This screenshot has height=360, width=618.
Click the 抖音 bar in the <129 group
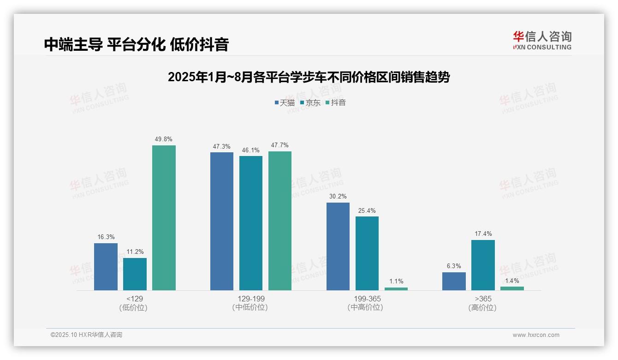click(164, 218)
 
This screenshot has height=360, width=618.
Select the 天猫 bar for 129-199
click(222, 221)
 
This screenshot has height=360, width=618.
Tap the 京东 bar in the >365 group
click(483, 265)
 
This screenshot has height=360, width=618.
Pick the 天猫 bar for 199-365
click(338, 246)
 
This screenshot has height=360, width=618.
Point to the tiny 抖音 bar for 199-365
click(396, 289)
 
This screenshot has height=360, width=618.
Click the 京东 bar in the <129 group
click(135, 274)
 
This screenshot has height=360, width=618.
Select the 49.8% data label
click(164, 139)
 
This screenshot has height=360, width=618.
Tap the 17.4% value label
click(483, 234)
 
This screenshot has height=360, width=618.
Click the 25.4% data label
click(367, 210)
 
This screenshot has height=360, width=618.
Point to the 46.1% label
click(251, 150)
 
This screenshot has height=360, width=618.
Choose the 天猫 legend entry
click(284, 102)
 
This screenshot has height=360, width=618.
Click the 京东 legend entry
click(310, 102)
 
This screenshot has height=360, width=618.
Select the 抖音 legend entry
click(335, 102)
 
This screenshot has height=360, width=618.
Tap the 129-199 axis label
click(251, 299)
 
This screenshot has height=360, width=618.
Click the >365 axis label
click(483, 299)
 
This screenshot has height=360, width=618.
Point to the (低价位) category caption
click(133, 308)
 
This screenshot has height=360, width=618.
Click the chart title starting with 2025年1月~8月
click(309, 77)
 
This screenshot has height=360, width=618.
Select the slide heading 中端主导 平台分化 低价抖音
click(137, 44)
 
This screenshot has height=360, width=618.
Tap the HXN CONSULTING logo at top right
click(542, 41)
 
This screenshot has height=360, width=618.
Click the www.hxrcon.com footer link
click(536, 335)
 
